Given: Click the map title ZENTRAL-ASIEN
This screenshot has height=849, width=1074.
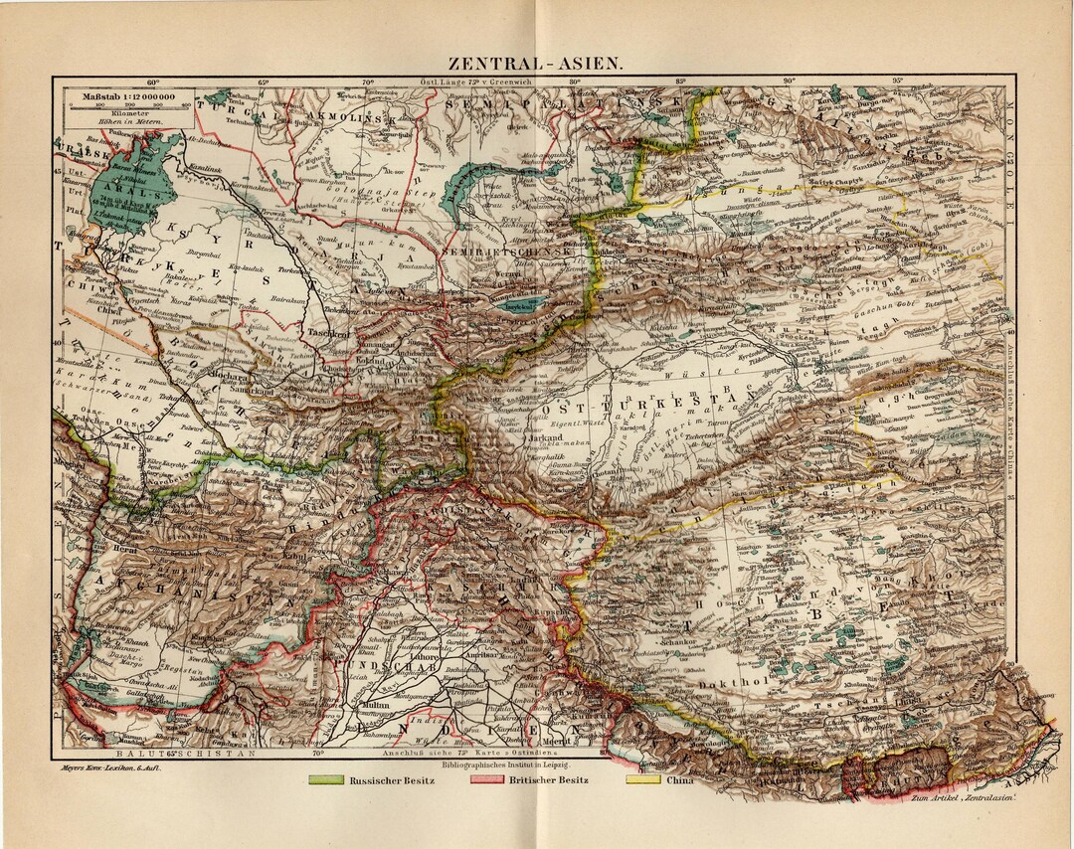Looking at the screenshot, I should point(537,61).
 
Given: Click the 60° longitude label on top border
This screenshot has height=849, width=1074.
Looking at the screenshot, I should point(153,83).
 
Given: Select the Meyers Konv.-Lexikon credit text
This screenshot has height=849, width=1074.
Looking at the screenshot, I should point(96,767).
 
